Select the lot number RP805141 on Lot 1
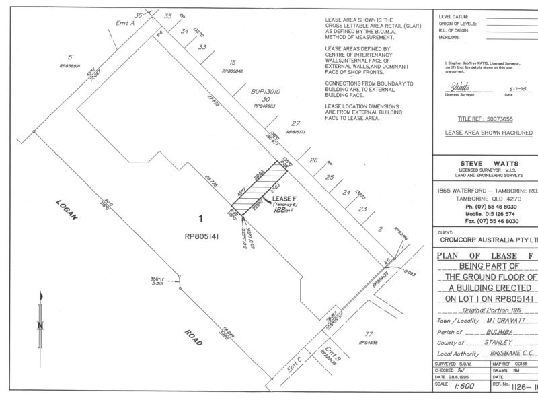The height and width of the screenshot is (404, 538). coord(201,236)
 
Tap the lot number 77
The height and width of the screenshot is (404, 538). coord(367,335)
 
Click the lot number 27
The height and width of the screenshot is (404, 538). coord(295,124)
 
